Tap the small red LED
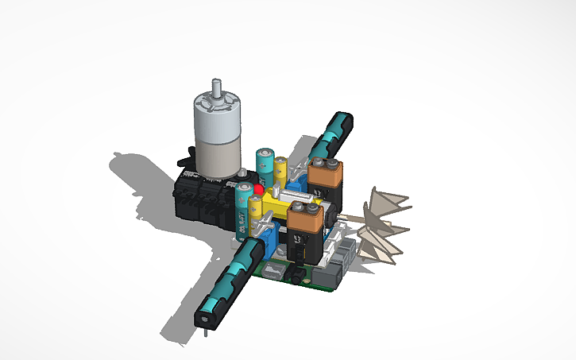[x=259, y=189]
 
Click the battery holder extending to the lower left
[x=230, y=278]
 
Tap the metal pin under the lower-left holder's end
[x=206, y=331]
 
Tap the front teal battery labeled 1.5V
[x=242, y=211]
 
